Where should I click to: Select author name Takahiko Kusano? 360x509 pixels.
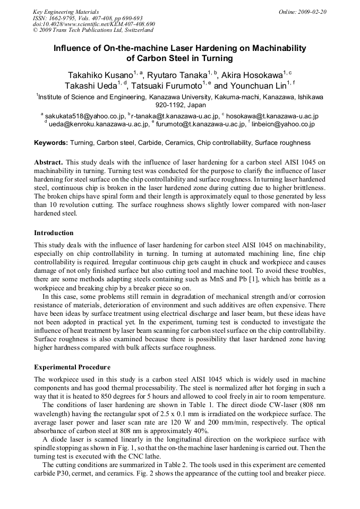tap(100, 75)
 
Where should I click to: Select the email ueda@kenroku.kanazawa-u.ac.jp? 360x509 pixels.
tap(99, 124)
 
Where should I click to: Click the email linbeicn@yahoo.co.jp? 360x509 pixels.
tap(284, 124)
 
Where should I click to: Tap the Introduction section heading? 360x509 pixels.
tap(54, 233)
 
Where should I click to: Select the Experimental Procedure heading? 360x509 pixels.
tap(72, 367)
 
